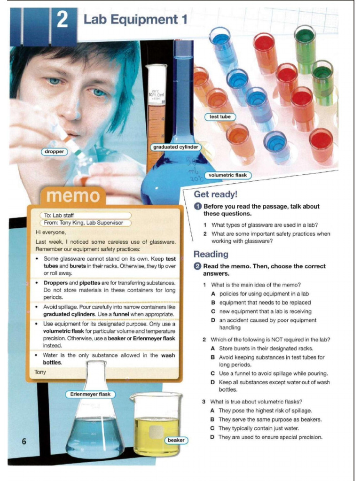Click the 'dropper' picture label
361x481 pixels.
(55, 152)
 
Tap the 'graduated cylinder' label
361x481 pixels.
(176, 147)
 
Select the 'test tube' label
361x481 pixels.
(220, 116)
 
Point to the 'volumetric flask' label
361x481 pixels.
(228, 175)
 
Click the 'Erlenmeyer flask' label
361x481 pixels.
(90, 394)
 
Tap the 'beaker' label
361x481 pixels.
(176, 440)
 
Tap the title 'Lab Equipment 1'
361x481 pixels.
(135, 20)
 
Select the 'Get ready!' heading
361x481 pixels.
(216, 194)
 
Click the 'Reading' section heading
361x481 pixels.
(211, 254)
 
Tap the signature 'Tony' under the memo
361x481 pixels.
(40, 372)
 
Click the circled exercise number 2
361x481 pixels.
(198, 266)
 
